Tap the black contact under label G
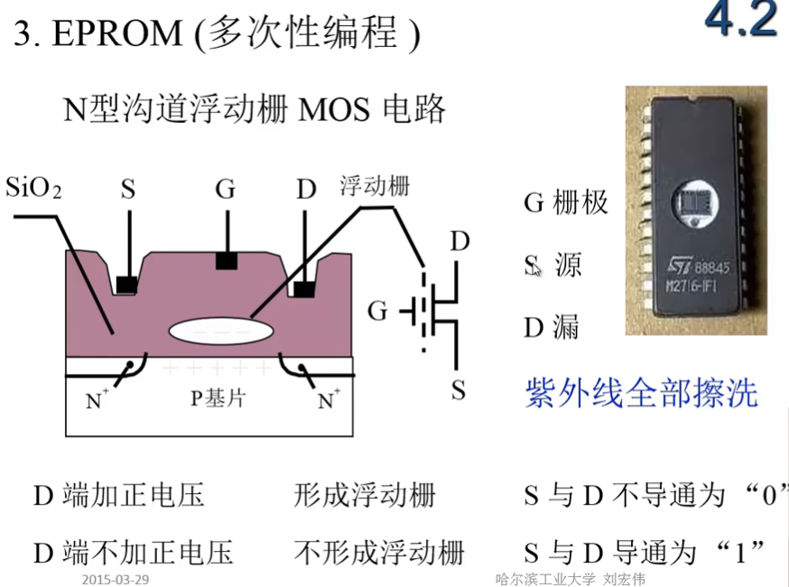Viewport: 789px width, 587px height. (x=225, y=261)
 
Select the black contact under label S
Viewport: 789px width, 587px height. (x=126, y=284)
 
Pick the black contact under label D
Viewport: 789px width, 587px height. (x=305, y=288)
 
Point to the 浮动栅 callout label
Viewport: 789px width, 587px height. (x=374, y=186)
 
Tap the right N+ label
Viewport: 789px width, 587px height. (x=326, y=398)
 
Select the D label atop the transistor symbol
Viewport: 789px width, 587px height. (x=460, y=241)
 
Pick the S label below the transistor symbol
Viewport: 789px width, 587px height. (x=459, y=390)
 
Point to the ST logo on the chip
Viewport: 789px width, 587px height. (x=678, y=266)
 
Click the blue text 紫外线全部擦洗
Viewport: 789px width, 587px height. (x=641, y=393)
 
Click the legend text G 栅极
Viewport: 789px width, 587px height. (x=566, y=202)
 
